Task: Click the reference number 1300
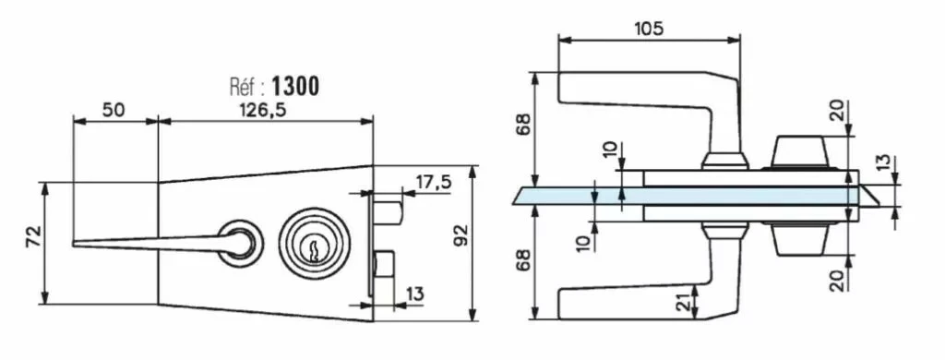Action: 295,87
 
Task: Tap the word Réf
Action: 244,88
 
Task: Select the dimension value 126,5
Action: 262,111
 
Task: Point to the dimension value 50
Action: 114,111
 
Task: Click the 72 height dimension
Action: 34,238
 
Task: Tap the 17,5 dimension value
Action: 432,182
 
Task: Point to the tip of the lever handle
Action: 74,244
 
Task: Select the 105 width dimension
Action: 649,29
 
